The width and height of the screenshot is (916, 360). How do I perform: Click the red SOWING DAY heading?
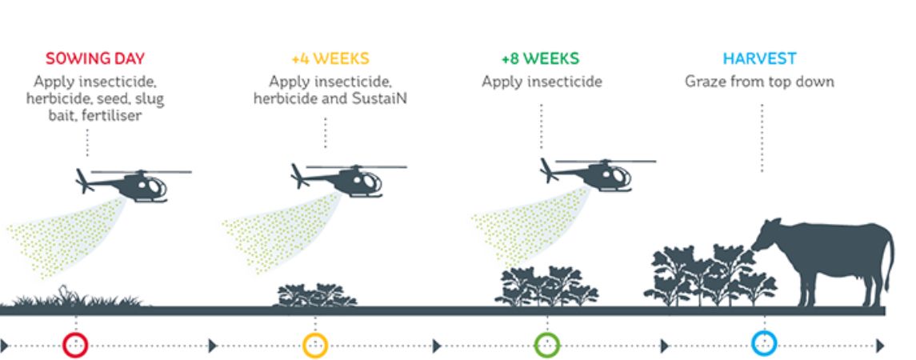click(x=95, y=58)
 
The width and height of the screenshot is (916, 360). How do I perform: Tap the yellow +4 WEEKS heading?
click(x=330, y=58)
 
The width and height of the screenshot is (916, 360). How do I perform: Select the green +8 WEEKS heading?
click(x=540, y=58)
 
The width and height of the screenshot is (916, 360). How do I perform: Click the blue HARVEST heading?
click(x=759, y=58)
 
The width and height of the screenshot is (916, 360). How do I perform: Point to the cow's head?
click(x=766, y=237)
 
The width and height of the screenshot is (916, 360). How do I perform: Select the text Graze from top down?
click(x=759, y=82)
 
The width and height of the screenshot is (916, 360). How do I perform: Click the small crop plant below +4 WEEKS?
click(x=315, y=296)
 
